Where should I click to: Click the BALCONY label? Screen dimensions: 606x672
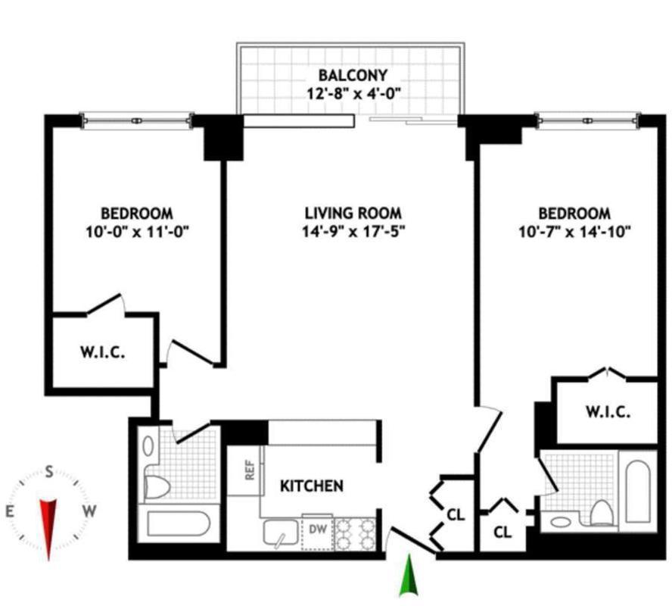352,75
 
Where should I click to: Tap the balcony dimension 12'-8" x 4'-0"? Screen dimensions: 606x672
352,94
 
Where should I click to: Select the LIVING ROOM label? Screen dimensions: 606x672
353,214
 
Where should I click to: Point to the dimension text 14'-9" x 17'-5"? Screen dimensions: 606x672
353,232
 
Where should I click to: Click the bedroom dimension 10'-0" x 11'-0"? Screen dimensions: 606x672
137,232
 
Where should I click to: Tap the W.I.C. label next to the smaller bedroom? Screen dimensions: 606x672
102,352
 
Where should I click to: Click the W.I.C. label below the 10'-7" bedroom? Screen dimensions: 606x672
608,413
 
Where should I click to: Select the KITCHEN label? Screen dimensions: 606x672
313,486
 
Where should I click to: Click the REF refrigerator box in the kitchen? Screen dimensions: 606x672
248,470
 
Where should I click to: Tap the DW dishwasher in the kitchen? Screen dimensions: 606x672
318,529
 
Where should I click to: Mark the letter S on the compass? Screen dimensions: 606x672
49,472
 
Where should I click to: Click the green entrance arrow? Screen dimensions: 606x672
409,576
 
